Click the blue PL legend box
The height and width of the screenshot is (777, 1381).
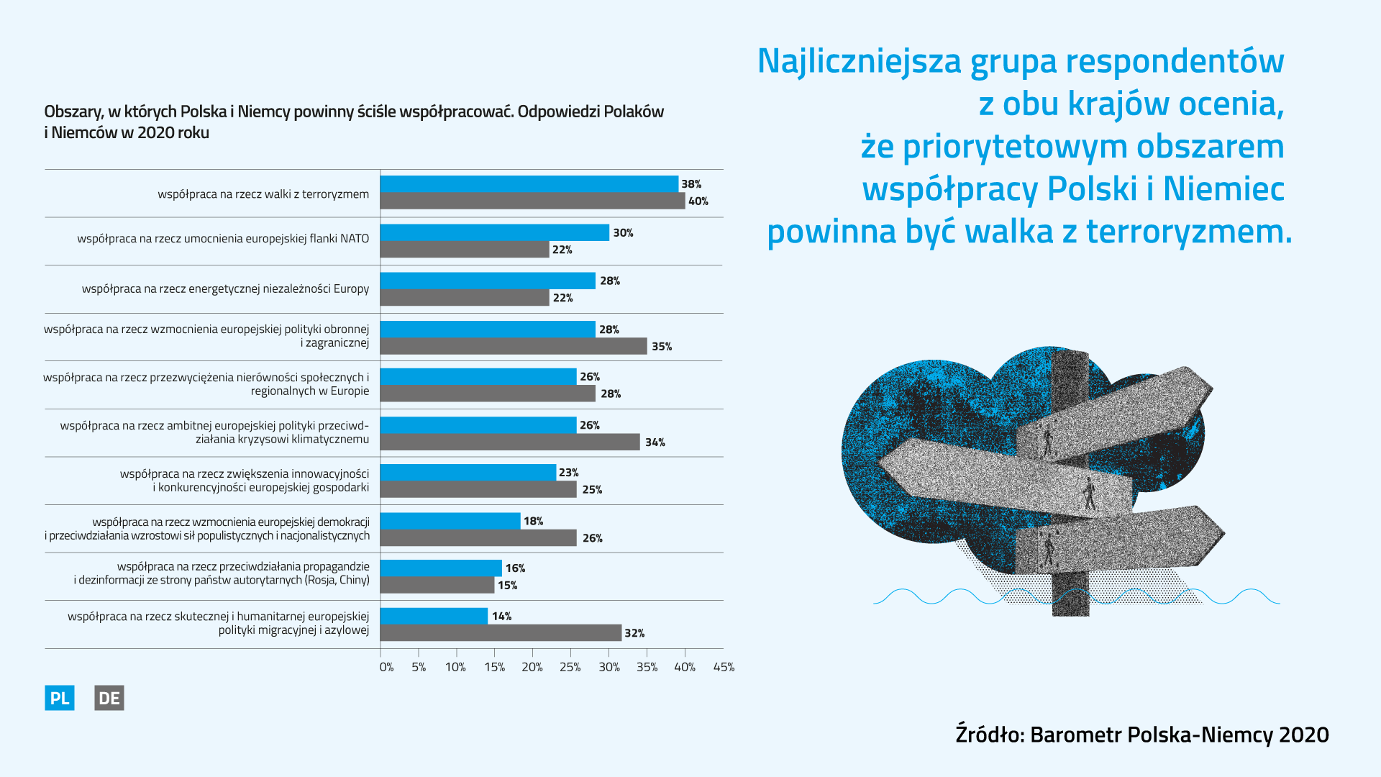point(60,698)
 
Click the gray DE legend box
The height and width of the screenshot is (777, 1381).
point(109,698)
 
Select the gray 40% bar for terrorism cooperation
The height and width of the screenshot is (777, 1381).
point(532,201)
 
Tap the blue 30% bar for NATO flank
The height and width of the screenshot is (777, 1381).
point(495,232)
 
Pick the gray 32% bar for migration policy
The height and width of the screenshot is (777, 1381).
point(501,633)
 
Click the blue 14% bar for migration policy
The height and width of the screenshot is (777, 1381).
point(434,616)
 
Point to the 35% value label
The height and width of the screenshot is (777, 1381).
point(662,347)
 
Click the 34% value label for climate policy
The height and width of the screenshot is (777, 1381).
point(655,442)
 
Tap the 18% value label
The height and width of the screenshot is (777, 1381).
point(533,521)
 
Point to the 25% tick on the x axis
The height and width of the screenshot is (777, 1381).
point(570,667)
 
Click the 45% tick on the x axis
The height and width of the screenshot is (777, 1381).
point(724,667)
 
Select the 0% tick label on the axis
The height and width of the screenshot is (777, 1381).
point(386,667)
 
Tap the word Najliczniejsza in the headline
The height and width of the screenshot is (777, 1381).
point(859,61)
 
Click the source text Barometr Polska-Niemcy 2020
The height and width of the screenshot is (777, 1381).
point(1179,735)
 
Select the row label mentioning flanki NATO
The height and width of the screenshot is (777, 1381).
point(223,239)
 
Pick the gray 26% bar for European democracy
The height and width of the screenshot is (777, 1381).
point(478,538)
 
